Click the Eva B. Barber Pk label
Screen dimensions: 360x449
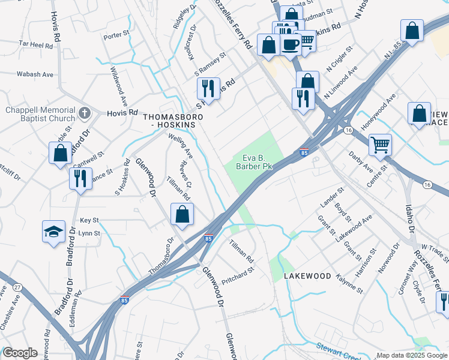[x=254, y=162]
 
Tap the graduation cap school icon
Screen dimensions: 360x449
[x=53, y=232]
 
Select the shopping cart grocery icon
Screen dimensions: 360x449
[x=379, y=144]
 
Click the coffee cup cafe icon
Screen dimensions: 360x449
[x=291, y=44]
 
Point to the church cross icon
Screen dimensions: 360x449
[x=85, y=112]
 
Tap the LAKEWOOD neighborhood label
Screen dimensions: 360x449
[x=307, y=275]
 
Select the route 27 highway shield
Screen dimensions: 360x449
[x=17, y=288]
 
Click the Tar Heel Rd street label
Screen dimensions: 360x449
[x=35, y=44]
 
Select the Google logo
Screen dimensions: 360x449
[x=20, y=353]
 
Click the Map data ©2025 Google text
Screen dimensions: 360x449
[x=412, y=355]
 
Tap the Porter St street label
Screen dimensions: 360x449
[x=116, y=36]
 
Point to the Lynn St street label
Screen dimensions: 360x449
[x=89, y=233]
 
